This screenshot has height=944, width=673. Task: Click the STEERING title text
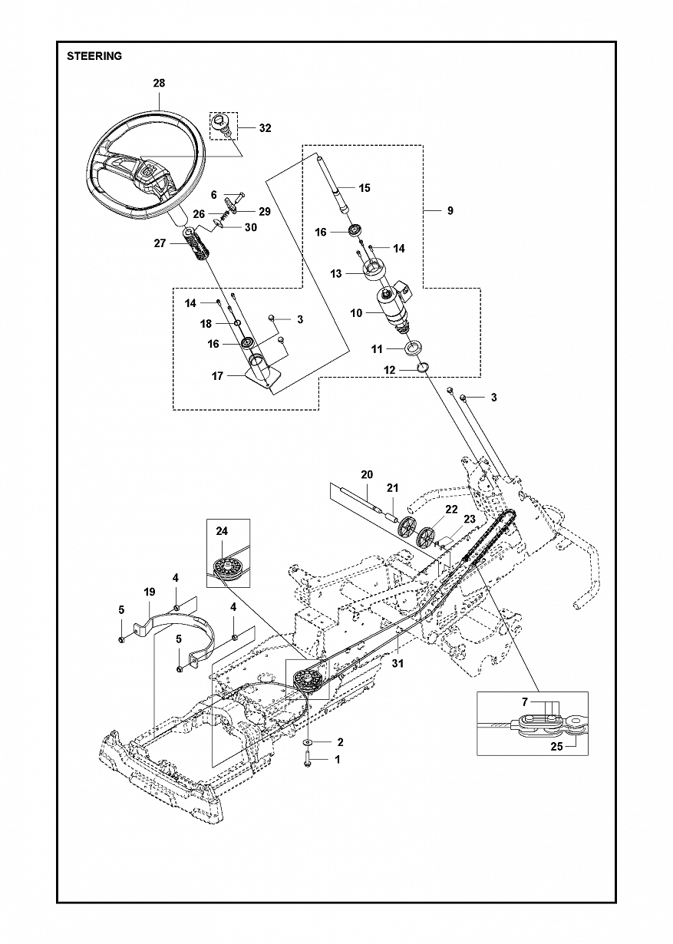coord(94,56)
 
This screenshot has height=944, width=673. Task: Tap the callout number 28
coord(159,83)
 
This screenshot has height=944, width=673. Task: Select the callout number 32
coord(265,128)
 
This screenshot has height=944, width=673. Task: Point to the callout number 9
coord(450,210)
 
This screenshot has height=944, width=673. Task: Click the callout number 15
coord(364,188)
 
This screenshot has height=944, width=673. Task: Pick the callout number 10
coord(356,313)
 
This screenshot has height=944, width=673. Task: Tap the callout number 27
coord(160,243)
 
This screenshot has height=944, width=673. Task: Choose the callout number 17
coord(217,376)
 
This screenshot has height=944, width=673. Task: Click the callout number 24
coord(222,531)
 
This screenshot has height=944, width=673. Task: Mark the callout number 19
coord(149,592)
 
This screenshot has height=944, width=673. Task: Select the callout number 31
coord(398,663)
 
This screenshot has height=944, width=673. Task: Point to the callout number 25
coord(556,746)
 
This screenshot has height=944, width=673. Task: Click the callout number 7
coord(525,702)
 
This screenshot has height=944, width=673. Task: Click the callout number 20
coord(367,474)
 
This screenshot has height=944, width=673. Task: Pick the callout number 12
coord(390,370)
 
